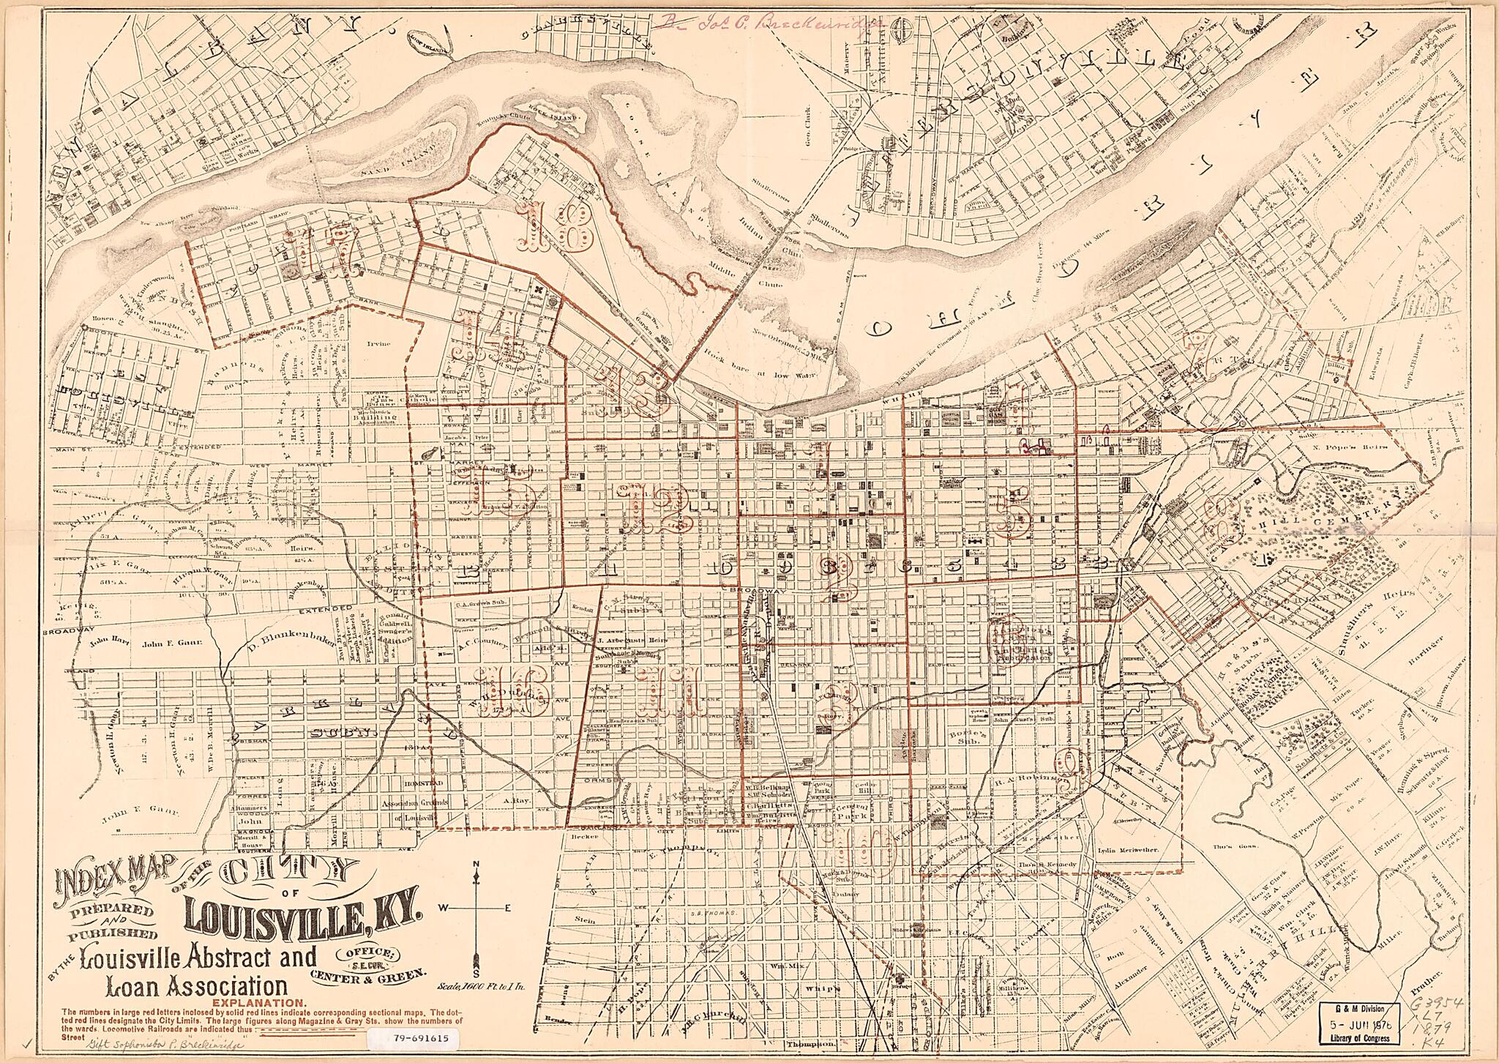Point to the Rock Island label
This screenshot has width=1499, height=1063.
tap(561, 117)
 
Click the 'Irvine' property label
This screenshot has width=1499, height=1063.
tap(381, 343)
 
